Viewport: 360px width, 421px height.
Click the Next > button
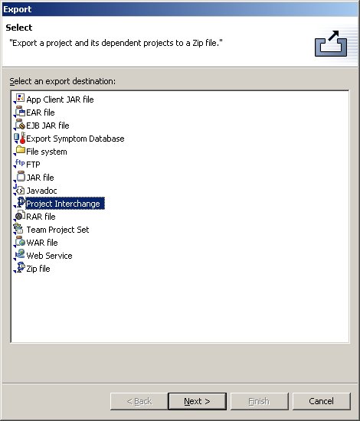[197, 401]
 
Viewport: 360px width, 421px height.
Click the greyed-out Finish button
[259, 401]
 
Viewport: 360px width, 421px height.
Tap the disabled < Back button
[139, 401]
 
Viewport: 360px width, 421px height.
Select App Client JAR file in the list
[60, 100]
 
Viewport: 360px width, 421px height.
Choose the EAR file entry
[41, 113]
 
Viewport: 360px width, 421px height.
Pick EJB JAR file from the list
[47, 126]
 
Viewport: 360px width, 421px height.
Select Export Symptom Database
[75, 139]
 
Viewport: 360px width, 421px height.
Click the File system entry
[47, 152]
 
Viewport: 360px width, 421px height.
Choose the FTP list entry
[33, 165]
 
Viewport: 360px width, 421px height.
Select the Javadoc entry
[41, 191]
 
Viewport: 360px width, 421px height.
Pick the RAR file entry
[41, 217]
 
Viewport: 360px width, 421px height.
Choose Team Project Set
[57, 230]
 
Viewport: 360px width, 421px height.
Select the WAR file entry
[42, 243]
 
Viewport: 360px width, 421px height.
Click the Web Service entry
[49, 256]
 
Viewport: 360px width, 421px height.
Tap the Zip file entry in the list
[38, 269]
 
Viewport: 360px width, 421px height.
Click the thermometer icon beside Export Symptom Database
[22, 138]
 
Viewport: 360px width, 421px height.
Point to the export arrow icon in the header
[331, 44]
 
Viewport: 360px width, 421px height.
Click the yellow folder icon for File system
[21, 150]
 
